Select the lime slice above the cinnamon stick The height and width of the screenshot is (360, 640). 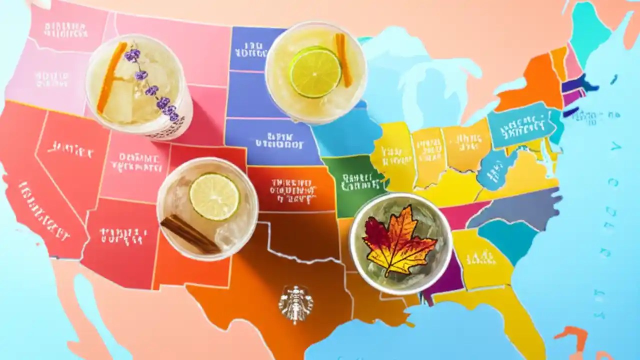214,196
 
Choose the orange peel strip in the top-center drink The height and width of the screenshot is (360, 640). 342,59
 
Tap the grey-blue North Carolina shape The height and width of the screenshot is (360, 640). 515,207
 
